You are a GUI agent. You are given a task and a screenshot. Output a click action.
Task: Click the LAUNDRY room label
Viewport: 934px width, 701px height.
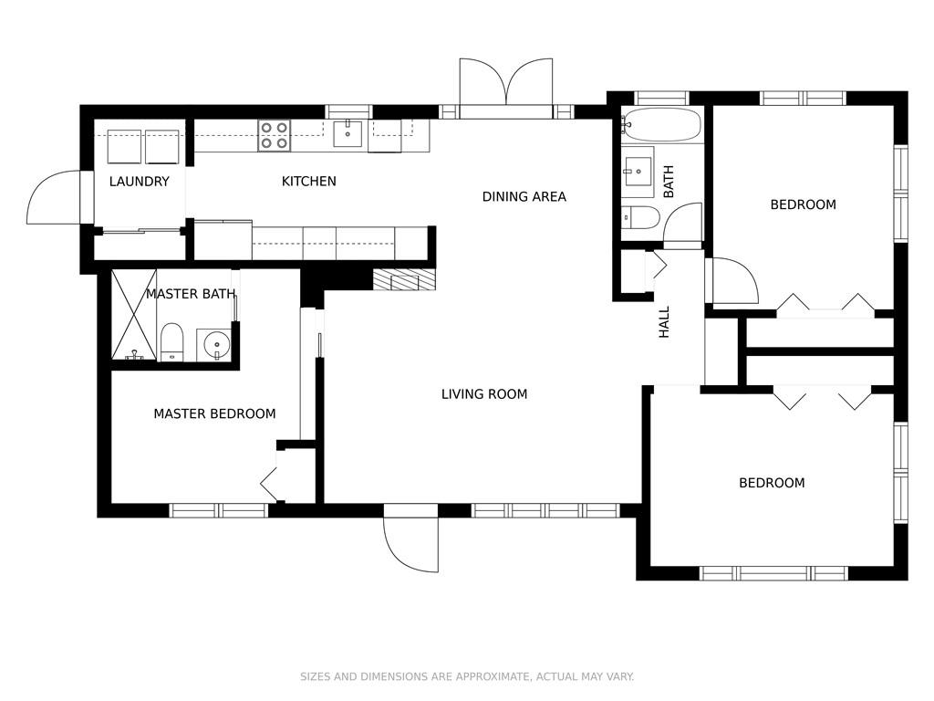click(140, 182)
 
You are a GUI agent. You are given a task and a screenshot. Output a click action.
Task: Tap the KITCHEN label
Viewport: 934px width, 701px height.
click(308, 182)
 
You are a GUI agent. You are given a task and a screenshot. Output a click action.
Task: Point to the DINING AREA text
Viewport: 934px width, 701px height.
click(524, 197)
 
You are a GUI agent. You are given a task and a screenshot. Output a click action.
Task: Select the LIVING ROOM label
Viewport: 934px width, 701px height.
click(484, 394)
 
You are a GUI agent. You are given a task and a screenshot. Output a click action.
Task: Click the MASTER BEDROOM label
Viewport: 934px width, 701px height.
click(214, 413)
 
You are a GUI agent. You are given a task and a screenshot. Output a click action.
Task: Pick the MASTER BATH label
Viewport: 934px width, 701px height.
click(191, 294)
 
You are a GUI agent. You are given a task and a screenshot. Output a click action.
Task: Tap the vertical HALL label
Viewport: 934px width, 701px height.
click(664, 322)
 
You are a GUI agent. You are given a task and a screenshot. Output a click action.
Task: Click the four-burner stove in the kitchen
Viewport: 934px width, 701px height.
click(274, 135)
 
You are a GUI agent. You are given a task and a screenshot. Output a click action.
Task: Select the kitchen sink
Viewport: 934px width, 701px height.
click(348, 133)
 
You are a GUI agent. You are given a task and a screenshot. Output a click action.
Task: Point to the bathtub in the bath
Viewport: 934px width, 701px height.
click(660, 124)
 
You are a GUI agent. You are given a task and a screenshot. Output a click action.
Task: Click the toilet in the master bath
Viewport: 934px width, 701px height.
click(172, 342)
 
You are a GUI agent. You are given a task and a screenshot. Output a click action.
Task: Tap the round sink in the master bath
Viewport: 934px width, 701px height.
click(214, 344)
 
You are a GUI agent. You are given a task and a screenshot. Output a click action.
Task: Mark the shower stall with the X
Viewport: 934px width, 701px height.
click(135, 314)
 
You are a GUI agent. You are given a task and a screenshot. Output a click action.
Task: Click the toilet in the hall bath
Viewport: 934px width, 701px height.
click(640, 217)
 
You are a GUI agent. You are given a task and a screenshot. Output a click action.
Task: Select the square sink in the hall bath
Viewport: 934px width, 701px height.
click(638, 171)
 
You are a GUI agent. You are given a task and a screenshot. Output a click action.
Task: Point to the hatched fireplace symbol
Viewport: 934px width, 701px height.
click(404, 280)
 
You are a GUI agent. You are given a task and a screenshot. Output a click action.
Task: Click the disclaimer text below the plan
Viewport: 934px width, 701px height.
click(467, 676)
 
